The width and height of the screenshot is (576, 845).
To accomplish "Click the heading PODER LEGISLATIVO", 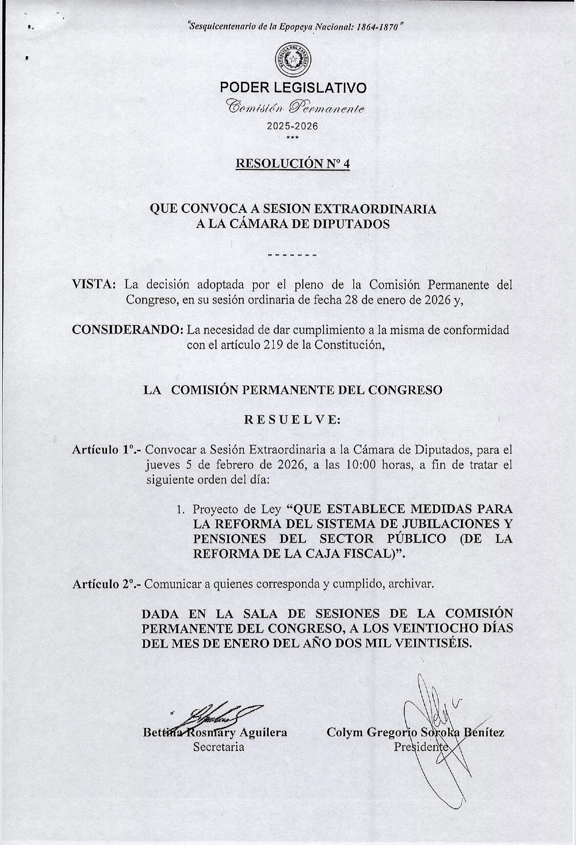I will (293, 87).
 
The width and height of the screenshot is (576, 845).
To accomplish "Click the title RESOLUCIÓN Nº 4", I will (293, 164).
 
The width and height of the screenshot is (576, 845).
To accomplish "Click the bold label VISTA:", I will (95, 285).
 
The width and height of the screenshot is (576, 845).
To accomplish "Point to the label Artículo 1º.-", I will (107, 450).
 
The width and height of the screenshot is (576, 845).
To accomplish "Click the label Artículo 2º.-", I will (107, 584).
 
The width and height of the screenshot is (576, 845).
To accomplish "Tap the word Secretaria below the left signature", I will (219, 746).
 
